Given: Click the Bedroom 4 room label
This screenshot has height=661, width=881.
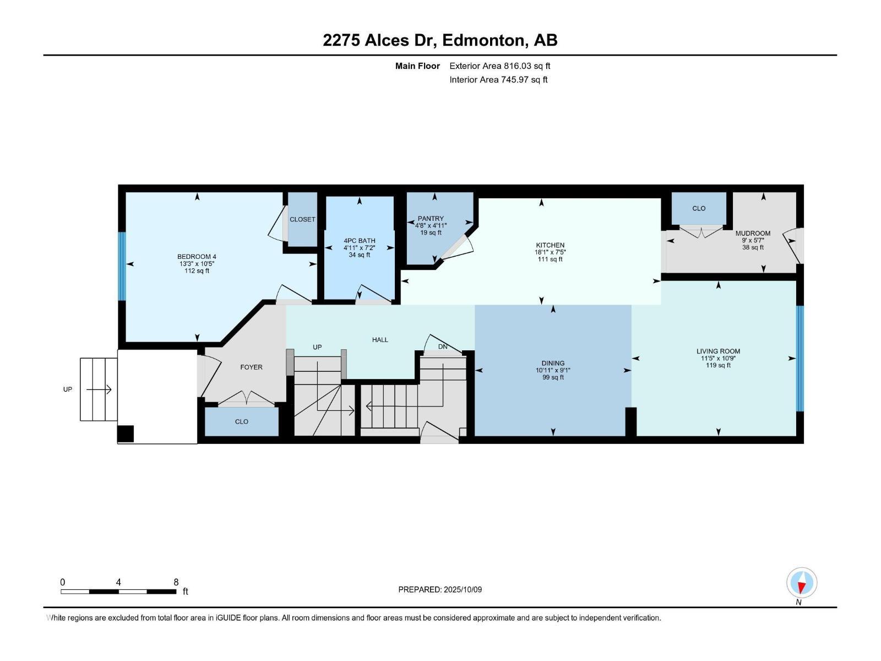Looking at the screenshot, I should click(197, 257).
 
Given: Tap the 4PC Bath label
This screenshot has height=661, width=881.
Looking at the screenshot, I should click(359, 241).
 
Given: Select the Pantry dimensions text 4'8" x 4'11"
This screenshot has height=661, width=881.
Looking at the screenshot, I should click(431, 225).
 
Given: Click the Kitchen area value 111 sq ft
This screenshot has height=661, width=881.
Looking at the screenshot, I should click(550, 259).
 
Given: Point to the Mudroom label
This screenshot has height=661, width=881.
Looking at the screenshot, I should click(753, 233).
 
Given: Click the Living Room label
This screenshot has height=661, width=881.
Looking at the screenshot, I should click(718, 351).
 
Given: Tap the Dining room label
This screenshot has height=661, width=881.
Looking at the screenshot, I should click(553, 363).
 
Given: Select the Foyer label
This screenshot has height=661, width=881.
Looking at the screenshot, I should click(251, 367).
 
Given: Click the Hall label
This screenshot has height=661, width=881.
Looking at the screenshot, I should click(380, 340).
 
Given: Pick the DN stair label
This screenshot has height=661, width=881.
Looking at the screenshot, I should click(443, 346).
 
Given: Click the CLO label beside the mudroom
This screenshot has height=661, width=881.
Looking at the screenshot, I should click(699, 208).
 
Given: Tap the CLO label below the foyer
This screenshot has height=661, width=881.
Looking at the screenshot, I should click(241, 421).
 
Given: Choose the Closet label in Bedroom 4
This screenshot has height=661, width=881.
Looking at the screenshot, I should click(302, 219).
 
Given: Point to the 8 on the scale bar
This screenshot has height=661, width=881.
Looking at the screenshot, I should click(176, 582).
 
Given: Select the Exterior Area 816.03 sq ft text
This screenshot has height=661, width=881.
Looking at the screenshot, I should click(499, 66).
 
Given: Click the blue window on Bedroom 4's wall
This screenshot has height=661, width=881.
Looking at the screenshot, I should click(122, 266).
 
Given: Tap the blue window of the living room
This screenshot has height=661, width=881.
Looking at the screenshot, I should click(800, 359).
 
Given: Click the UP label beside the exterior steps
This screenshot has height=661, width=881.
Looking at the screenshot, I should click(67, 389).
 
